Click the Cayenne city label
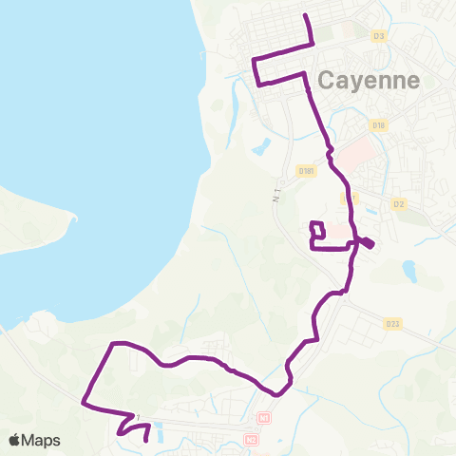(x=370, y=81)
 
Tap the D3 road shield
(x=379, y=37)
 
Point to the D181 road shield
(x=306, y=171)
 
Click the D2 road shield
(x=399, y=203)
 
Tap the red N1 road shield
(x=263, y=417)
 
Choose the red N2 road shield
(x=251, y=439)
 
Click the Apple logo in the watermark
(x=15, y=440)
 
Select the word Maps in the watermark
(x=42, y=440)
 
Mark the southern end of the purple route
(x=146, y=441)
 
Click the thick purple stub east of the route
(x=367, y=244)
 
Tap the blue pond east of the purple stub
(x=410, y=274)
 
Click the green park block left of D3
(x=323, y=33)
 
